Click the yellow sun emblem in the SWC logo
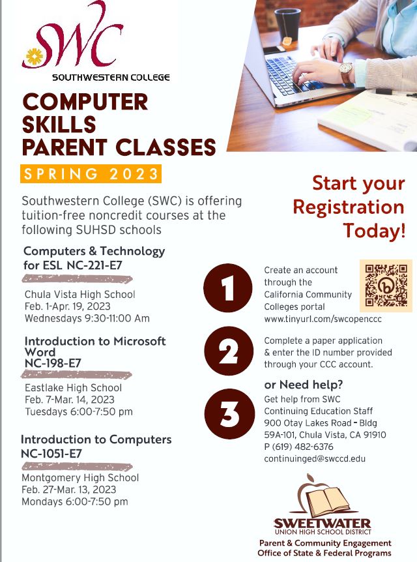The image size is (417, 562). click(x=35, y=56)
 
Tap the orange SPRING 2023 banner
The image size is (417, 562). click(x=91, y=174)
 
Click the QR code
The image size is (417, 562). click(x=386, y=286)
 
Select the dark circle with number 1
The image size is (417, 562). click(x=228, y=288)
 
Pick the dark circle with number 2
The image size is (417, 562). click(x=229, y=351)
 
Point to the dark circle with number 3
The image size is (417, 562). click(x=229, y=413)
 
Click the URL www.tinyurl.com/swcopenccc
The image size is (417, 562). click(x=323, y=319)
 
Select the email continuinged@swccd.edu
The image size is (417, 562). click(x=315, y=459)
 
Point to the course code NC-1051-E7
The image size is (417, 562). click(x=51, y=454)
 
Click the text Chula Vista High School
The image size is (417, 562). click(x=80, y=295)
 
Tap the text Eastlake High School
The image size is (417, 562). click(x=74, y=388)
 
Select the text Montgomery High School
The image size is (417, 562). click(x=80, y=478)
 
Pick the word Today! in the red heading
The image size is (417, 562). click(x=375, y=231)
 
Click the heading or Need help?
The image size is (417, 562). click(x=304, y=385)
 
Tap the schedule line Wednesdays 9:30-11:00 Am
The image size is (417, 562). click(x=87, y=318)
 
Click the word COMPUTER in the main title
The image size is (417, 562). click(x=85, y=102)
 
